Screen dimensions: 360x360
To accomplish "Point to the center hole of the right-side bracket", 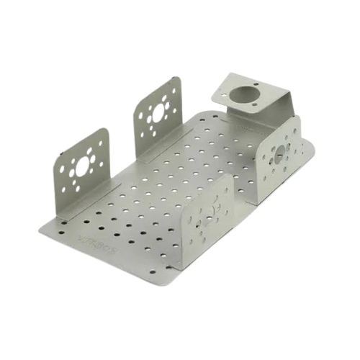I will pyautogui.click(x=279, y=154).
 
